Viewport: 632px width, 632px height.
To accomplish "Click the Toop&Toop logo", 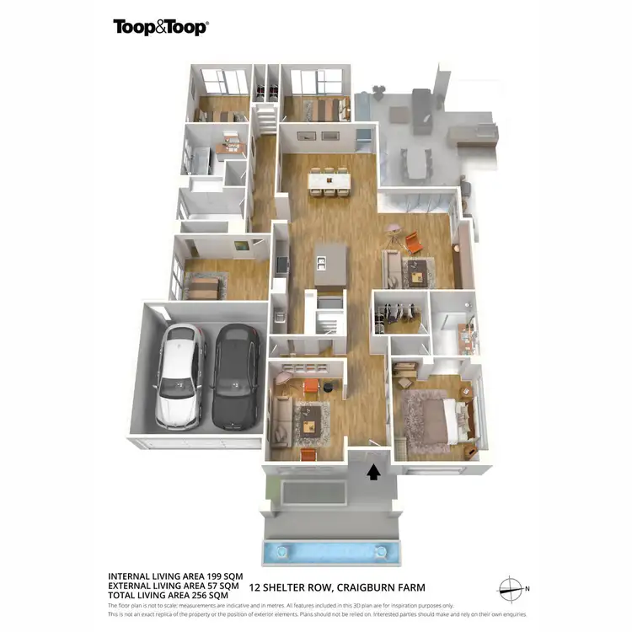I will (161, 26).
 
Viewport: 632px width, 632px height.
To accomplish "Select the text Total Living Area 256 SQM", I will (169, 595).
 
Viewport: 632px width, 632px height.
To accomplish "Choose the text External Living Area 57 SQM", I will (174, 585).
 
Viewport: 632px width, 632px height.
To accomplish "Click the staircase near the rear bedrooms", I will (266, 117).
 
